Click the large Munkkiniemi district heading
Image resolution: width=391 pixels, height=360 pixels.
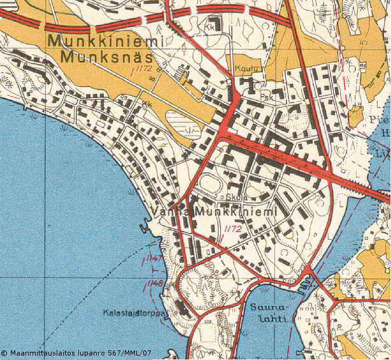click(105, 41)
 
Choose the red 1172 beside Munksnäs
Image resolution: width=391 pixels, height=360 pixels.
click(142, 68)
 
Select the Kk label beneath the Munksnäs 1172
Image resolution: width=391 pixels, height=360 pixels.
click(148, 104)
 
